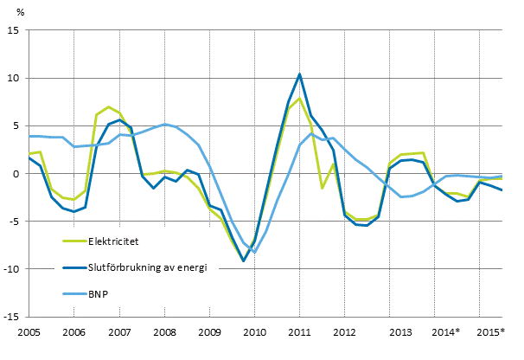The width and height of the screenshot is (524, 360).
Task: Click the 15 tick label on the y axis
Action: point(15,30)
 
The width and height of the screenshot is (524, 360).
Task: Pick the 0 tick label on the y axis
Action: point(17,173)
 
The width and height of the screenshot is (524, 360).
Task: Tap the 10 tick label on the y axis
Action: point(15,78)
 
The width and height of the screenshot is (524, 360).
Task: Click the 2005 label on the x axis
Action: point(29,332)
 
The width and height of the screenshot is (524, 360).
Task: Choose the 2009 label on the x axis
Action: point(209,332)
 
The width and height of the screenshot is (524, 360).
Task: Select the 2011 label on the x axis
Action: point(299,332)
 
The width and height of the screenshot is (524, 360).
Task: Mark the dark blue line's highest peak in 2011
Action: point(299,74)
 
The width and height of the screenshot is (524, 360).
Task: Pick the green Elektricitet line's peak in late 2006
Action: point(108,107)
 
